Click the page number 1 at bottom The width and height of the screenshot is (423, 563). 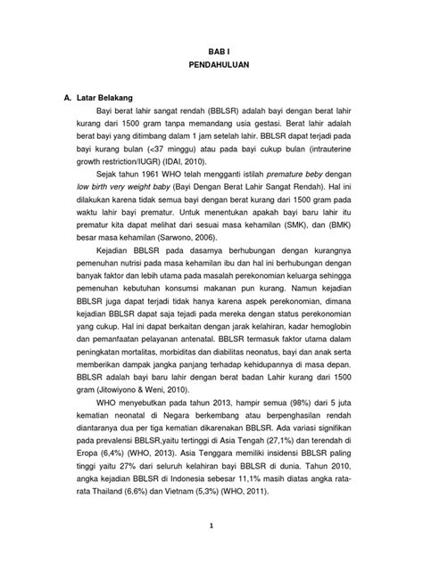[x=211, y=550]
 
